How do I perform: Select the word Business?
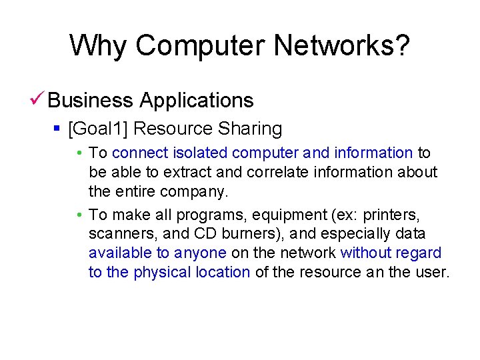pos(91,101)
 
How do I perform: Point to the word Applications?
pos(197,101)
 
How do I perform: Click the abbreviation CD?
pos(205,234)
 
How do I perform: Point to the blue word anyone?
pos(200,253)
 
